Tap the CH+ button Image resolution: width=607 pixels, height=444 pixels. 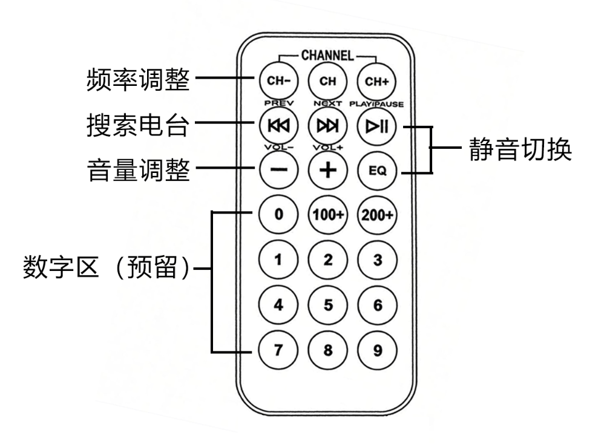377,81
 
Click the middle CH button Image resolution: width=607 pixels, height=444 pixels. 327,81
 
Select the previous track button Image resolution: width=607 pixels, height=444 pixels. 278,125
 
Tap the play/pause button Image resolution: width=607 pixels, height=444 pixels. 377,125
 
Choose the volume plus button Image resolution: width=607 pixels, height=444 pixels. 327,170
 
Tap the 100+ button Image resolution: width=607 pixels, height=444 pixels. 327,215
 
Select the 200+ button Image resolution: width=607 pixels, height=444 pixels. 377,215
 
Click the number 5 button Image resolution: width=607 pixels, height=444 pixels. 327,305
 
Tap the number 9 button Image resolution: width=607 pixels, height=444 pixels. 377,350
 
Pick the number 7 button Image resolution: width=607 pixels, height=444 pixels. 278,350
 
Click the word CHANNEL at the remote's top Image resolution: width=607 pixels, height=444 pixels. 327,56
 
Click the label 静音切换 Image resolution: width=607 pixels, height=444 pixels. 520,149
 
